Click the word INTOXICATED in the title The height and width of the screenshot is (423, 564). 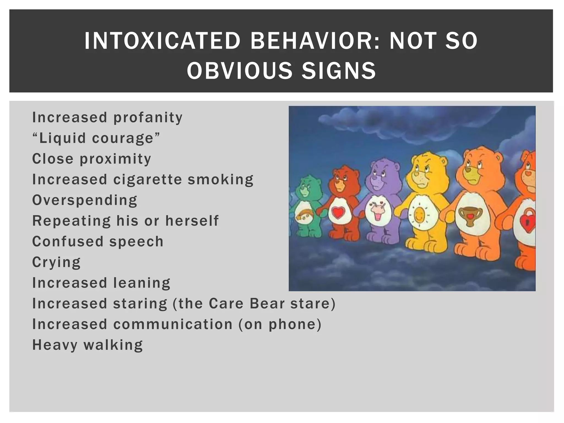[162, 41]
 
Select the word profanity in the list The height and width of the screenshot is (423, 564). [148, 118]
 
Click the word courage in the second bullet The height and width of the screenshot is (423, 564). [123, 138]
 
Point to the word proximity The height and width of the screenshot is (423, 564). [115, 159]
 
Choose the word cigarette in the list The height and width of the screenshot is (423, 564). [148, 179]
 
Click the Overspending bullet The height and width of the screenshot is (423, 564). [85, 200]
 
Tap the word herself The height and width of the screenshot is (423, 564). [192, 221]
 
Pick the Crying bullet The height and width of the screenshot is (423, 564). [56, 262]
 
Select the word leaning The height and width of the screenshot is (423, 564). [142, 283]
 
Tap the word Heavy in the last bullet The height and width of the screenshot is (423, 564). [55, 345]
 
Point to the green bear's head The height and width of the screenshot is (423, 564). [305, 188]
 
